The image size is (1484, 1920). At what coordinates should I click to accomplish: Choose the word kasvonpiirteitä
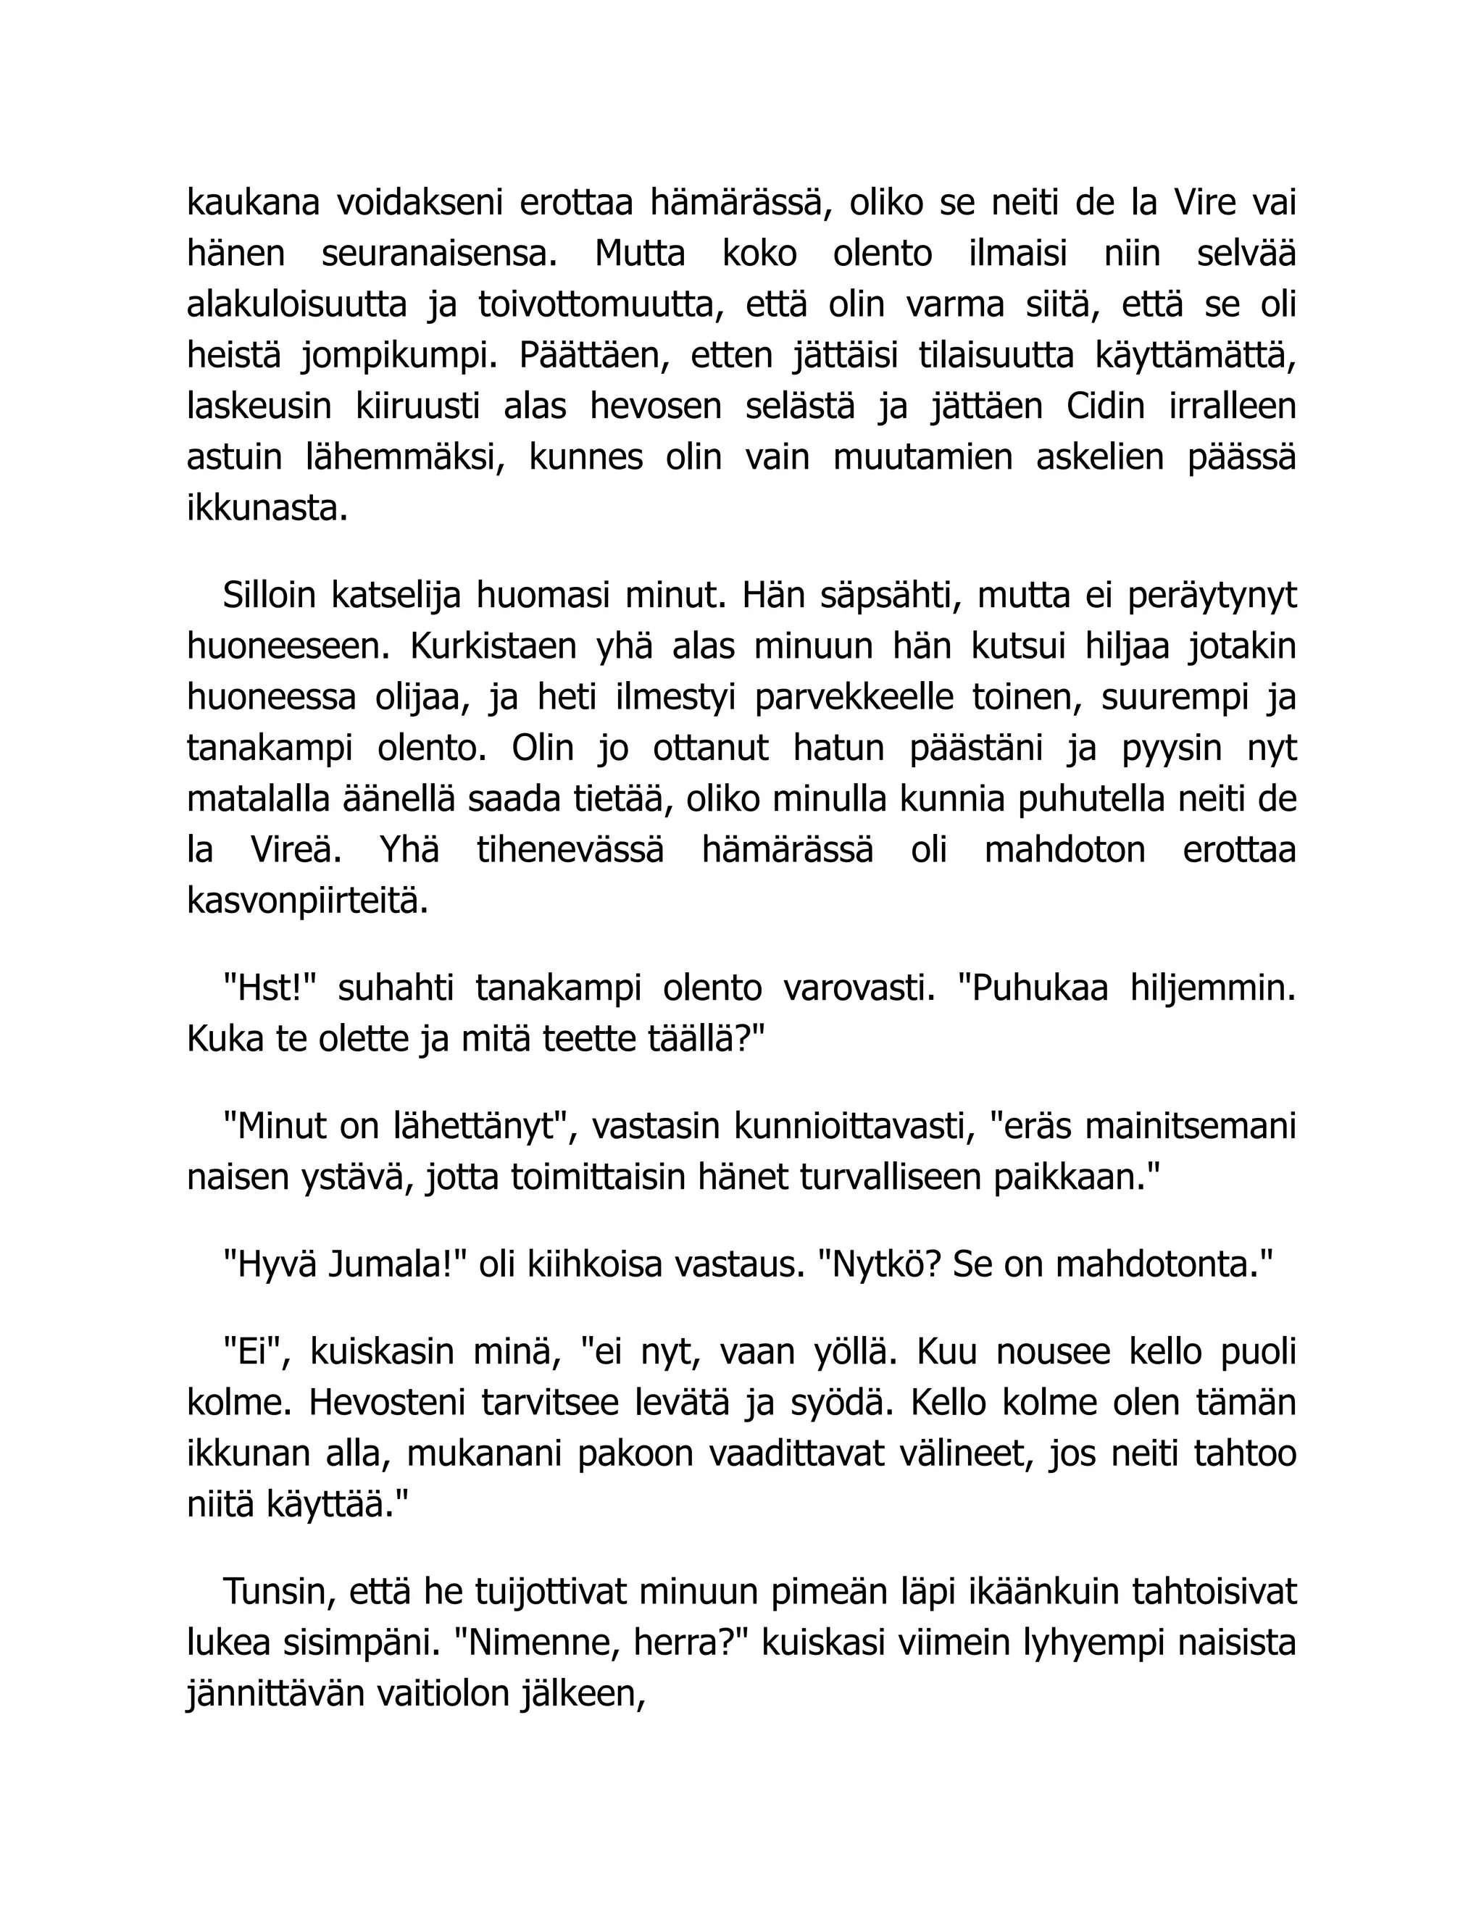(308, 901)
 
